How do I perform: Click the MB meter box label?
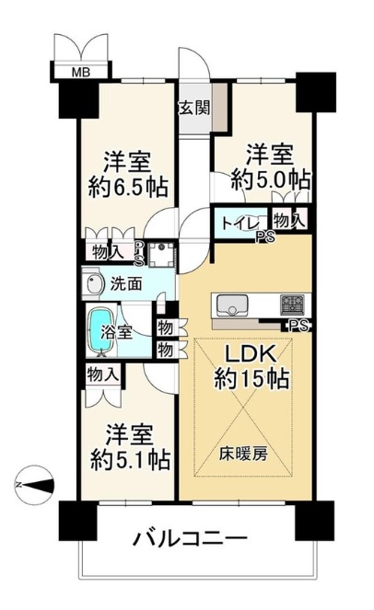click(x=81, y=72)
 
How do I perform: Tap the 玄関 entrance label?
click(x=194, y=108)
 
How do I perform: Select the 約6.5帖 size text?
click(x=128, y=188)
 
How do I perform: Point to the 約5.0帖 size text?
click(x=271, y=179)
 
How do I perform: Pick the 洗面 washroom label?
click(x=126, y=284)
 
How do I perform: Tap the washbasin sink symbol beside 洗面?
click(x=95, y=284)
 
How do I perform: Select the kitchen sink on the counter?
click(x=232, y=305)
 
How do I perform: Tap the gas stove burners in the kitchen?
click(x=292, y=304)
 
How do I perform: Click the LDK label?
click(x=251, y=355)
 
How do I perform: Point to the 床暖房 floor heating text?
click(x=243, y=454)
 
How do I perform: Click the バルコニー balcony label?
click(x=191, y=539)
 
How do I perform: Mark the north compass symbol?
click(x=34, y=485)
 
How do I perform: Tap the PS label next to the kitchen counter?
click(x=298, y=325)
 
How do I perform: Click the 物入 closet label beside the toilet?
click(x=289, y=222)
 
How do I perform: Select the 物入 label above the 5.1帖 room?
click(x=102, y=374)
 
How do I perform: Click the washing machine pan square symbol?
click(x=160, y=254)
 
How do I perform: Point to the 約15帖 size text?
click(x=251, y=378)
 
